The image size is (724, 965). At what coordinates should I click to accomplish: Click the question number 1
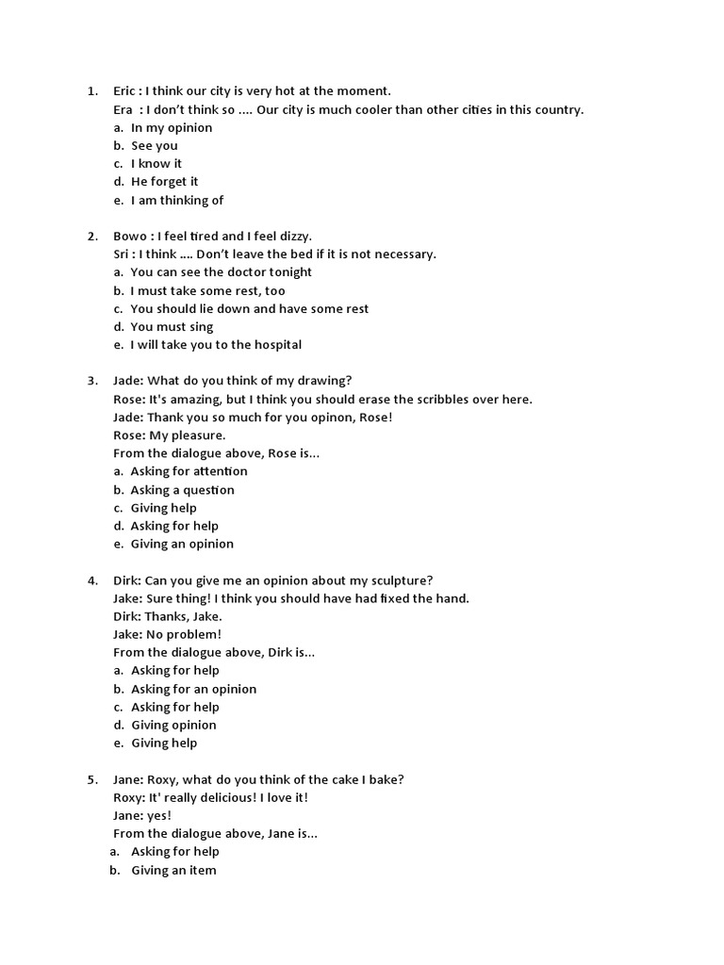click(91, 91)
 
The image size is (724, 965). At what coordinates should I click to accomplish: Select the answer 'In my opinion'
click(172, 127)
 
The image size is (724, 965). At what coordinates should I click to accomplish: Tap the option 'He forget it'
click(164, 182)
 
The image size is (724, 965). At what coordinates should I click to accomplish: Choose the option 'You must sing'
click(172, 327)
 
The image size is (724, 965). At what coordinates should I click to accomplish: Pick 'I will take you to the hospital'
click(216, 345)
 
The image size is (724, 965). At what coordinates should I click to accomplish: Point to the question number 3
click(91, 381)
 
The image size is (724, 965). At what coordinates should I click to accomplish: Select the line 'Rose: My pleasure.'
click(170, 435)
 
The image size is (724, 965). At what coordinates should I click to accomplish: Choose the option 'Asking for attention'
click(189, 471)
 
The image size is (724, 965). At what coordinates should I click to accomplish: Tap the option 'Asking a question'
click(182, 490)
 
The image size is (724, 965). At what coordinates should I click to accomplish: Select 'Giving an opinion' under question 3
click(182, 544)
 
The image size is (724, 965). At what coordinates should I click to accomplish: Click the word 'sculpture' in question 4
click(400, 581)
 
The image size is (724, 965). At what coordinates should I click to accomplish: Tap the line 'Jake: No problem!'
click(168, 634)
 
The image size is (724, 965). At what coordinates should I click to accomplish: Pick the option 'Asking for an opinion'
click(193, 689)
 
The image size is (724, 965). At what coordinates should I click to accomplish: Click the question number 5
click(91, 779)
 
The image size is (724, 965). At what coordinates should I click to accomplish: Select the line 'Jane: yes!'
click(142, 816)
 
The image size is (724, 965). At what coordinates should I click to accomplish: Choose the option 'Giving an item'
click(173, 871)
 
